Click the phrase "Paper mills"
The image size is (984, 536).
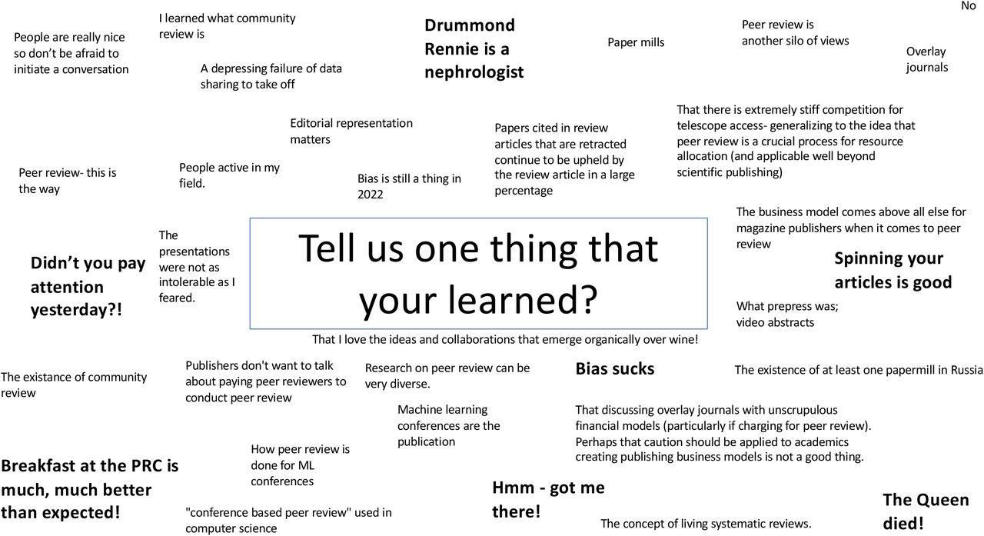(636, 42)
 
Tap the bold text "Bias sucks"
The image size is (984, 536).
(614, 368)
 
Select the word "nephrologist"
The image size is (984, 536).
(474, 72)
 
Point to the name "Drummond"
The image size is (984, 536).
(470, 25)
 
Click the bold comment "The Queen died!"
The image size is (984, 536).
(926, 511)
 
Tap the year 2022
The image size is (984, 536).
(371, 195)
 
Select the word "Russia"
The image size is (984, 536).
(966, 370)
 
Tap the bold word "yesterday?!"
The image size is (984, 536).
(76, 310)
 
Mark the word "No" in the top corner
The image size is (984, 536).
(968, 5)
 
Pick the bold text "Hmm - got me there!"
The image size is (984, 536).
(548, 500)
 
